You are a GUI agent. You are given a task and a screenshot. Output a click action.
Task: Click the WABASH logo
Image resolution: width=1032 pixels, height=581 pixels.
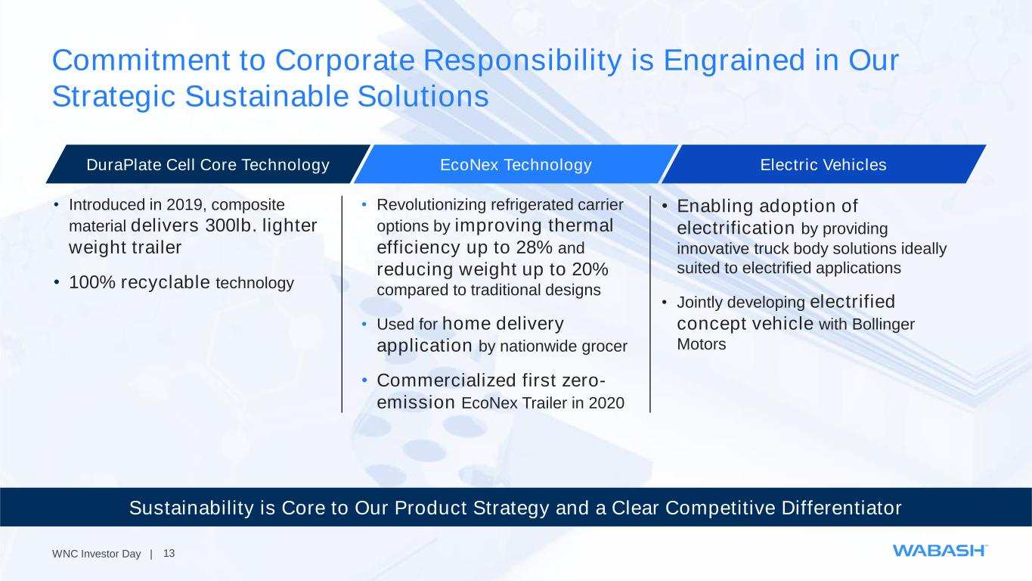940,551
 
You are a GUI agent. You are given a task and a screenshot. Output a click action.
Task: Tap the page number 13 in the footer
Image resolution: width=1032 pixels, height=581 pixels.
169,553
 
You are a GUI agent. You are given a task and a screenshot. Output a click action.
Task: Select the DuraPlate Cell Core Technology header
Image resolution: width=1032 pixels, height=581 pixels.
208,165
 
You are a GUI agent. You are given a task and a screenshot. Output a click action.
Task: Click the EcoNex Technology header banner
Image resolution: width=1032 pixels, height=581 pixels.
516,165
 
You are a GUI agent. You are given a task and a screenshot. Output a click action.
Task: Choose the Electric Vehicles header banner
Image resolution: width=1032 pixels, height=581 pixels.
823,165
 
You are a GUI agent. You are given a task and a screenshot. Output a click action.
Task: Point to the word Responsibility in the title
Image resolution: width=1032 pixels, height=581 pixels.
522,61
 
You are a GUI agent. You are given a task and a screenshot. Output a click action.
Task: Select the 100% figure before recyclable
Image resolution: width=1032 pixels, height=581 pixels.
92,282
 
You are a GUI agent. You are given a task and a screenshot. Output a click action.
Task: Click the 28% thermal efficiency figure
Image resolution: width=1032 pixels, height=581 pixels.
534,247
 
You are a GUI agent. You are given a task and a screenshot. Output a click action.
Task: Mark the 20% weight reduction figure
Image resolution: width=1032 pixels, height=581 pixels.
590,269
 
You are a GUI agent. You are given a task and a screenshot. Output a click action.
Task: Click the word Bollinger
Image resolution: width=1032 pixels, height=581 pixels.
883,324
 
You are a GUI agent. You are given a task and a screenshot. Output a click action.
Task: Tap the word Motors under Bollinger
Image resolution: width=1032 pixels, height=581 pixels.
701,344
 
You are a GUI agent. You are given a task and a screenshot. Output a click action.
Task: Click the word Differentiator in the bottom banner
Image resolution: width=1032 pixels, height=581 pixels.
841,508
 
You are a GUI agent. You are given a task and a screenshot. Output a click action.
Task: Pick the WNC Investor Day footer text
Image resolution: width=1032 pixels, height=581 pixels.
96,554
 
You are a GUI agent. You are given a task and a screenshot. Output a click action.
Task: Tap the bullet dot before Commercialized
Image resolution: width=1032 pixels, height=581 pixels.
364,381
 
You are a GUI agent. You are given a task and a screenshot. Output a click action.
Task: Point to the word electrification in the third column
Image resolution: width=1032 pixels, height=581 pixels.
736,228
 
